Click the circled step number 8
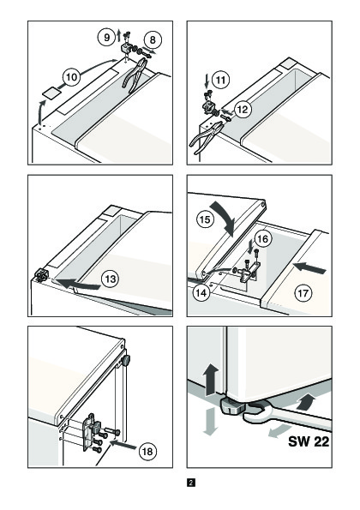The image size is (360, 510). click(x=153, y=39)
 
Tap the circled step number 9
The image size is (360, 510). click(x=106, y=38)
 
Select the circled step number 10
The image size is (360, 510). click(x=71, y=77)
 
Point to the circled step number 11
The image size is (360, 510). click(x=221, y=80)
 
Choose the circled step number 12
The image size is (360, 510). click(x=243, y=110)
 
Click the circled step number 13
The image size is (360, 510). click(x=111, y=279)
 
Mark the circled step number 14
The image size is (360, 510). click(x=201, y=293)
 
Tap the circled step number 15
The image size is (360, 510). click(x=205, y=219)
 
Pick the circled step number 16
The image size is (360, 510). click(x=262, y=239)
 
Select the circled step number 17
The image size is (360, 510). click(x=303, y=293)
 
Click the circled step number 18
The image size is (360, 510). click(x=147, y=452)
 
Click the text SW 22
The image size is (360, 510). click(x=309, y=441)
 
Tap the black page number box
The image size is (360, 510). click(x=191, y=483)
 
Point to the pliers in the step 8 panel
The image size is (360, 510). click(x=135, y=75)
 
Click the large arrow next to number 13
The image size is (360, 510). click(x=80, y=284)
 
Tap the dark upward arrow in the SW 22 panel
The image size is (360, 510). click(x=211, y=379)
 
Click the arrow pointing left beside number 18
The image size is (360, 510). click(x=123, y=444)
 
